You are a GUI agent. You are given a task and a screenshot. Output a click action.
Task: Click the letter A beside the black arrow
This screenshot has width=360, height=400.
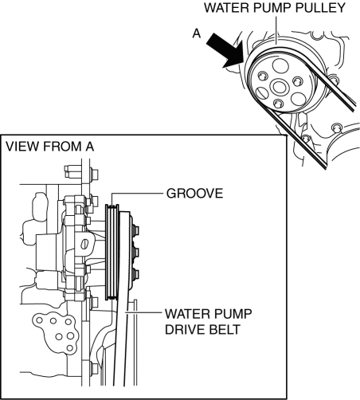(x=197, y=33)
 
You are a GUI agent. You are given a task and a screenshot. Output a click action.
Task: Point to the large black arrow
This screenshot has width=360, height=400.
(x=225, y=51)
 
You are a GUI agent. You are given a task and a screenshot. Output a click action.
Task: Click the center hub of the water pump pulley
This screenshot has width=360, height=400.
(x=279, y=87)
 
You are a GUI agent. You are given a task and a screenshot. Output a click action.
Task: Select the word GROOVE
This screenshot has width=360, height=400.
(x=194, y=194)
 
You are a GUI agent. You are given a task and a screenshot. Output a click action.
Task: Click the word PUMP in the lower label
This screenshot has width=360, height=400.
(x=235, y=314)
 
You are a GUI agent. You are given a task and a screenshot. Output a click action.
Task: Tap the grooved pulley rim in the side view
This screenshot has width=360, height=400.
(x=112, y=252)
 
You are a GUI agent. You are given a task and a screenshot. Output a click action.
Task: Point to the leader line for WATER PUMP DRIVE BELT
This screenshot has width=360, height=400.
(x=143, y=313)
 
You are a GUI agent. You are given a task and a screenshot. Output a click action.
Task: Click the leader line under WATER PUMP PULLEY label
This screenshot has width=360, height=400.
(x=276, y=30)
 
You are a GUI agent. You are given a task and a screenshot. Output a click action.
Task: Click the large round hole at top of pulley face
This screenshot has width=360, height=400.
(x=280, y=65)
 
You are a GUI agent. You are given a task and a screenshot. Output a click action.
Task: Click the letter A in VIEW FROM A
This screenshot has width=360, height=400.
(x=90, y=147)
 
